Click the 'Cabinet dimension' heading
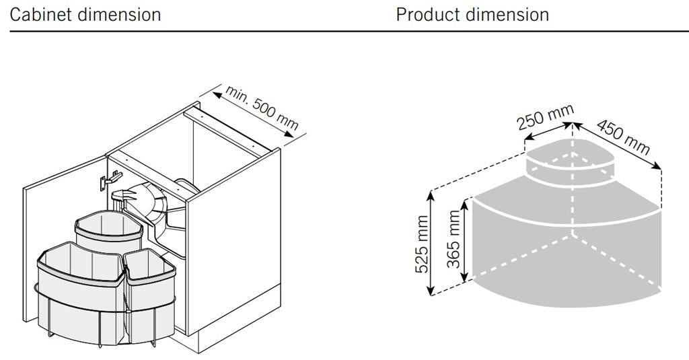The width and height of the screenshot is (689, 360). coord(85,15)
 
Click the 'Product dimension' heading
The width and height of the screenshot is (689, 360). coord(472,15)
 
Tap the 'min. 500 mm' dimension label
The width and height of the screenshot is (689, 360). coord(262,108)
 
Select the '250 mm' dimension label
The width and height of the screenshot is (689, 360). coord(545,117)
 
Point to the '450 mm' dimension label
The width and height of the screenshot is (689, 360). coord(623,137)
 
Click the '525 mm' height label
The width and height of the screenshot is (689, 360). coord(422,244)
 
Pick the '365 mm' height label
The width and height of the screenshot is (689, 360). coord(453,239)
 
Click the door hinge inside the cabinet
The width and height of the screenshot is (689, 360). coord(110,180)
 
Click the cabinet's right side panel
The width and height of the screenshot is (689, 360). coord(233,242)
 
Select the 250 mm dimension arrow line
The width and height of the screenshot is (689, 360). coord(548,131)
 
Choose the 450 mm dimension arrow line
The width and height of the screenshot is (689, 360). coord(617,145)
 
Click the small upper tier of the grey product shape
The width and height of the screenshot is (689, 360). coord(570,163)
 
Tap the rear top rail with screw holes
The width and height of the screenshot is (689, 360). coord(227,131)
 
